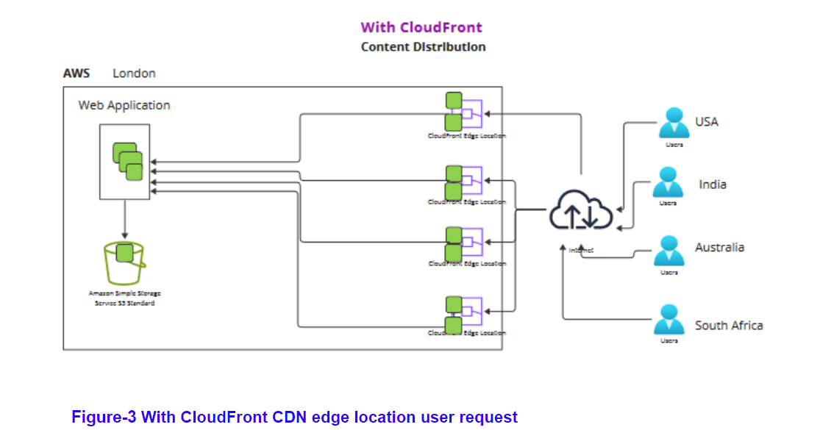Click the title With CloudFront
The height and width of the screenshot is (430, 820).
421,27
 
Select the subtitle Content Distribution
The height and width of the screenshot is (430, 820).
423,47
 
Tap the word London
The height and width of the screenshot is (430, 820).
134,74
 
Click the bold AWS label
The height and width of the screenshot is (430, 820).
76,74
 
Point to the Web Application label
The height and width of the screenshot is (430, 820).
124,105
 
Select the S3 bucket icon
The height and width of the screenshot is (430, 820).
124,263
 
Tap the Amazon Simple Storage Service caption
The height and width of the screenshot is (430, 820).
124,298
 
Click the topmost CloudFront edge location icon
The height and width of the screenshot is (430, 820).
463,111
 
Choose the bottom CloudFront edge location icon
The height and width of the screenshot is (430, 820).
463,315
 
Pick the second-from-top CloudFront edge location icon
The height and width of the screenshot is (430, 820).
463,183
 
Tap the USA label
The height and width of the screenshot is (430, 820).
707,122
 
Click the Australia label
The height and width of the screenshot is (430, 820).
719,248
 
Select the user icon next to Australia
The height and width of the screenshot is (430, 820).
669,251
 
